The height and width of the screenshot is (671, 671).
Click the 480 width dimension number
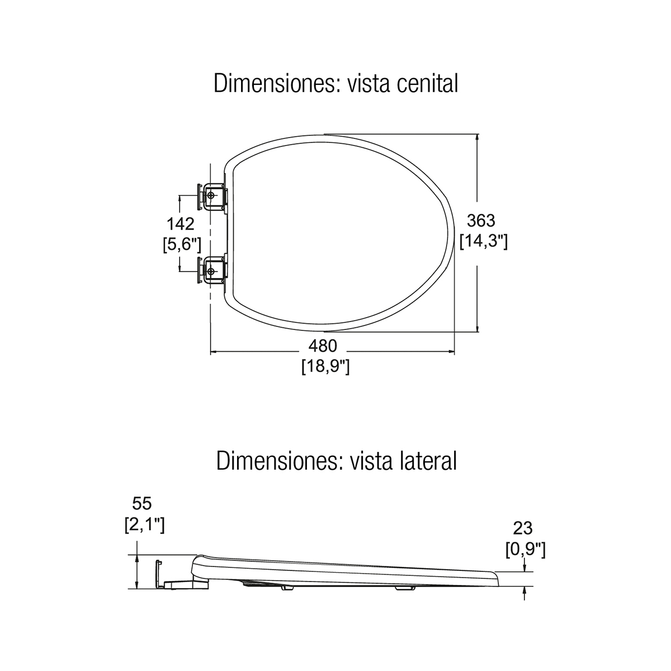pos(323,346)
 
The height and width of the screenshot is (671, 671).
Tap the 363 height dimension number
pos(481,220)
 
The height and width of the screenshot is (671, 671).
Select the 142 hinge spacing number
pos(181,224)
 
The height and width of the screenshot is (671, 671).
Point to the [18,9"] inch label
pos(325,366)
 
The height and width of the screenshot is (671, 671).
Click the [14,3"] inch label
pos(484,241)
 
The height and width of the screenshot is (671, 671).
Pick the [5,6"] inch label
pos(182,244)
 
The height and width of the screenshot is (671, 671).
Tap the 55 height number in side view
pos(142,503)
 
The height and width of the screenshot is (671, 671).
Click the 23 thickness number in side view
pos(523,528)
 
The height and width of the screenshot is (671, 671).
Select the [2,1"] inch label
pos(144,524)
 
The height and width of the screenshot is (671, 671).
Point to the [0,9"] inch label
pos(526,549)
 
